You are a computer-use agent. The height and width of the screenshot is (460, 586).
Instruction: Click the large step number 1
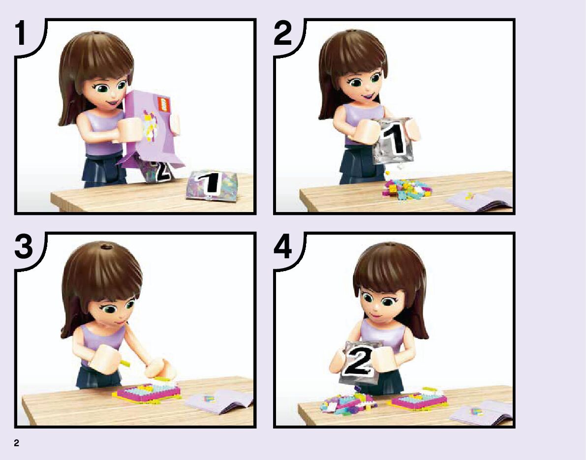[21, 33]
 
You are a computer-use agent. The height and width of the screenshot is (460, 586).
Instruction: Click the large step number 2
[283, 33]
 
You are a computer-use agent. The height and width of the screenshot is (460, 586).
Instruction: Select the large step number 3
[24, 246]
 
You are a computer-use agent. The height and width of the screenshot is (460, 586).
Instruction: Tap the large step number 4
[283, 246]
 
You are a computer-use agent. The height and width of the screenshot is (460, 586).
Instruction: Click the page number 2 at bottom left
[16, 443]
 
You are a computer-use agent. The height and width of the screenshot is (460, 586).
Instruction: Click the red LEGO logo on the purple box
[164, 103]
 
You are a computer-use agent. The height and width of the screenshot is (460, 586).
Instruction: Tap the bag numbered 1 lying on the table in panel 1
[212, 185]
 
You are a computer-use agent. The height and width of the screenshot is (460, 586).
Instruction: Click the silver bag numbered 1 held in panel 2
[394, 141]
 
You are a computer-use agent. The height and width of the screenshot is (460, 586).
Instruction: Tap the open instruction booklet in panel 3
[220, 401]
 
